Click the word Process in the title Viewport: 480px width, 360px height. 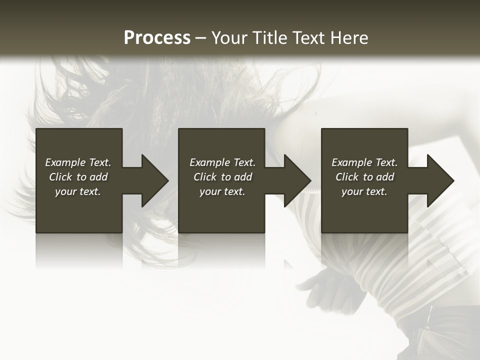[157, 38]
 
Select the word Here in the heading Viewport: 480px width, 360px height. [349, 38]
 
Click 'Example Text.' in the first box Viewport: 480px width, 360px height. [78, 162]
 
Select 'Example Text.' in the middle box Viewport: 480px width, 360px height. [222, 162]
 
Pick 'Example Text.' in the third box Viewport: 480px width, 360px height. [364, 162]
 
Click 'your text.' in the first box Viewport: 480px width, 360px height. [78, 191]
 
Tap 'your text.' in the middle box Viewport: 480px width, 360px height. [222, 191]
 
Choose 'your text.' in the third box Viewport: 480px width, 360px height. [364, 191]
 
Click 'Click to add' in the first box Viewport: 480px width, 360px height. [78, 177]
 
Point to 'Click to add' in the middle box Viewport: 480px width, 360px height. [222, 177]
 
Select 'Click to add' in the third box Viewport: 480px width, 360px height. [364, 177]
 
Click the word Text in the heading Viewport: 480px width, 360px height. [307, 38]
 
